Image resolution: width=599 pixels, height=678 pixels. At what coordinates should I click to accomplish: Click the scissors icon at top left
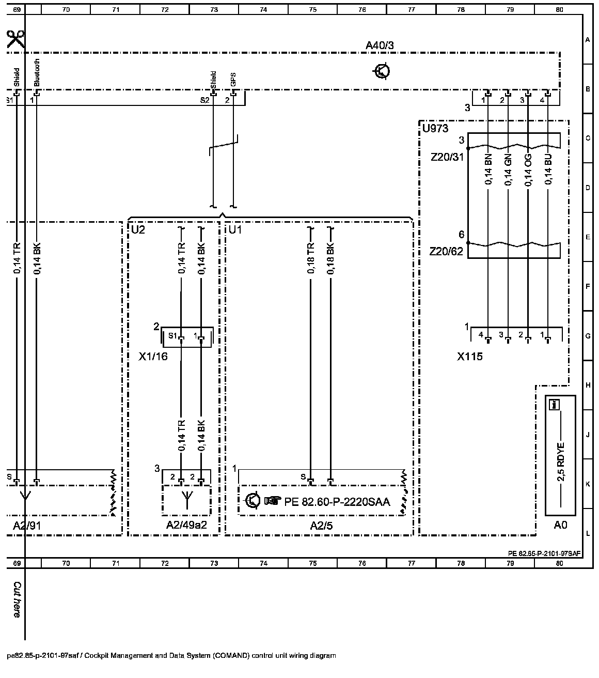15,39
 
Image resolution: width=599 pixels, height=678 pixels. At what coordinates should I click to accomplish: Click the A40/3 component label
380,46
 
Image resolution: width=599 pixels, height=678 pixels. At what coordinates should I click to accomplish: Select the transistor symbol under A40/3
382,71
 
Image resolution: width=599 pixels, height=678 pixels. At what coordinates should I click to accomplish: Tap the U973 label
435,128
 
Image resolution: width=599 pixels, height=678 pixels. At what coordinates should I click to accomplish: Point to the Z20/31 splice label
447,156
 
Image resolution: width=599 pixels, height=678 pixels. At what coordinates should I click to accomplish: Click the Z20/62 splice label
447,251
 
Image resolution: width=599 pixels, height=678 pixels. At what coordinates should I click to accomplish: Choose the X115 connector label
470,356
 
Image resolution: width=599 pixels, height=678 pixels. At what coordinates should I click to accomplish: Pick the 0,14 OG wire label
528,170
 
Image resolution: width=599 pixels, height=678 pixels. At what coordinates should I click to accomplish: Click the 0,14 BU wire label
548,169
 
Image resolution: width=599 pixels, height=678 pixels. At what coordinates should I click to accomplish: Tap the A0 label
560,525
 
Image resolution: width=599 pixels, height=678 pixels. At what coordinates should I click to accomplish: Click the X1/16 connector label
153,356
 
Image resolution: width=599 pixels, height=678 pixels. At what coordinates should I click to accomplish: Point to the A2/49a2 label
186,525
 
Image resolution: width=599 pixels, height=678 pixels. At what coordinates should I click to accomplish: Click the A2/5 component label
321,525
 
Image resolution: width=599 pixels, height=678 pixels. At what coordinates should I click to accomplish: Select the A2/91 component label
27,525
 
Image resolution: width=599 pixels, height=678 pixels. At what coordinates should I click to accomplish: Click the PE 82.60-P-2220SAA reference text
337,501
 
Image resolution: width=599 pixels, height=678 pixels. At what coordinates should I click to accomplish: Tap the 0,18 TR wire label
310,258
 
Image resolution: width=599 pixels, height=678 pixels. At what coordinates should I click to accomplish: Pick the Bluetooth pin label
37,72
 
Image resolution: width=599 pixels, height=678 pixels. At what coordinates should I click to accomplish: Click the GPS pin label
233,79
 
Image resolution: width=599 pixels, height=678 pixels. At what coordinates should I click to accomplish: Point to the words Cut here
17,599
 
